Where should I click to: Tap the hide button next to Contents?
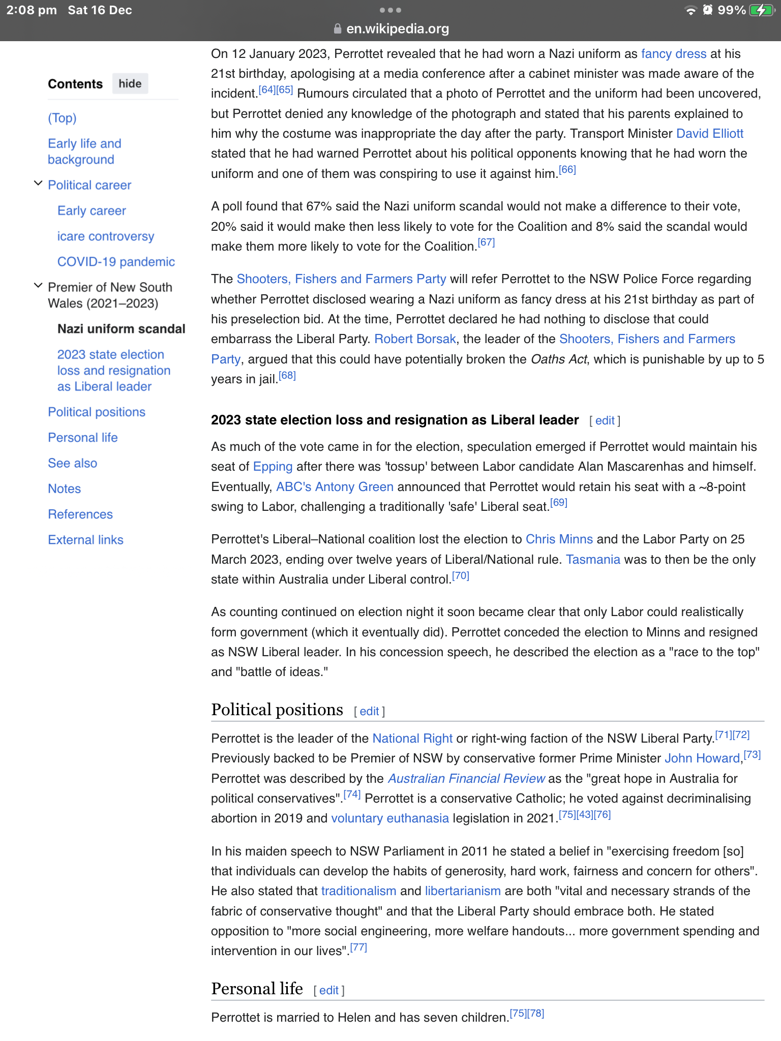point(130,84)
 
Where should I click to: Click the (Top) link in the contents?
point(62,118)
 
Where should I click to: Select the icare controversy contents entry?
point(105,236)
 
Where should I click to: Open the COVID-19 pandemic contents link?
point(116,262)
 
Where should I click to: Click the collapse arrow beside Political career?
point(38,183)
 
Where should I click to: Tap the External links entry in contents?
point(85,540)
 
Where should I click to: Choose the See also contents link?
point(72,463)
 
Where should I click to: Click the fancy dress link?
point(673,54)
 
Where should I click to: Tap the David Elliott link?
point(709,134)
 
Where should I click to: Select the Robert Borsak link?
point(415,339)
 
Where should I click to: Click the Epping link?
point(273,467)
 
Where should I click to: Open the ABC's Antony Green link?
point(335,487)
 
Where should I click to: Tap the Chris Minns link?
point(559,539)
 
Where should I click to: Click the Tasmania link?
point(593,560)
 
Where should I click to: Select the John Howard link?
point(702,758)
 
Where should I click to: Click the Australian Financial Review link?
point(466,779)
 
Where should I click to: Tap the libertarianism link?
point(463,891)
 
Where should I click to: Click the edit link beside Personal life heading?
point(328,990)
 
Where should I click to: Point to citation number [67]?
point(486,242)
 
